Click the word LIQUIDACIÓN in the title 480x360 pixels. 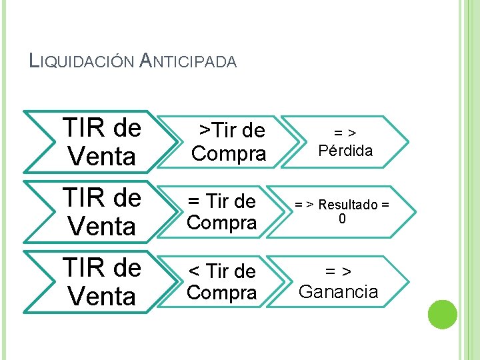pos(83,61)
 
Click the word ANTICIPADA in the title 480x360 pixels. pos(189,61)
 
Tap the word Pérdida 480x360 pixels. pos(345,151)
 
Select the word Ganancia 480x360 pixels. pos(339,292)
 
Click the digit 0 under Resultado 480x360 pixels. pos(342,219)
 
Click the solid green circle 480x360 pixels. pos(442,315)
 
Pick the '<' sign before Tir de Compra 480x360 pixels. pos(194,271)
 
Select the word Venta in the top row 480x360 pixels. pos(101,157)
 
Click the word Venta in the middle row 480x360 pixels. pos(101,227)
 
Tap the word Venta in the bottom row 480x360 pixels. pos(101,296)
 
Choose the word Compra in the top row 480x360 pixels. pos(229,154)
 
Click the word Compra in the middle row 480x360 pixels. pos(221,223)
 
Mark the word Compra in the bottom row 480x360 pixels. pos(221,293)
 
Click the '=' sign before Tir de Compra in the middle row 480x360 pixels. pos(194,201)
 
